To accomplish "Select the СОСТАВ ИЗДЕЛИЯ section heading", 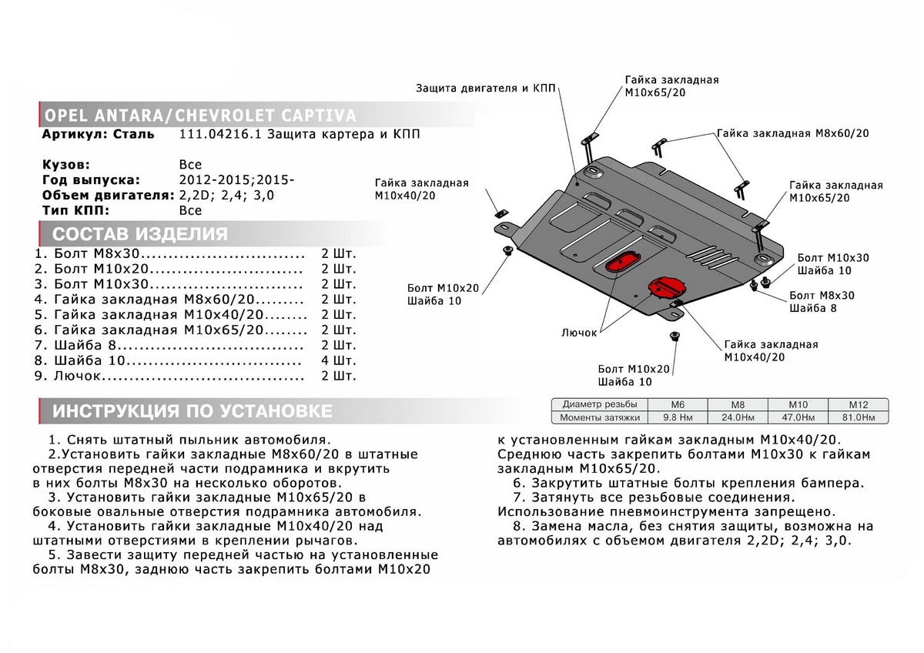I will click(139, 234).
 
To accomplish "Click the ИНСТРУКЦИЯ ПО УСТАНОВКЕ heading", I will click(192, 411).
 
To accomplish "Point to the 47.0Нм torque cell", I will click(797, 417).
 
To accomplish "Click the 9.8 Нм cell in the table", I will click(675, 417).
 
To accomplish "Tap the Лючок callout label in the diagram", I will click(579, 333).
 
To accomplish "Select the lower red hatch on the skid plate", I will click(663, 286).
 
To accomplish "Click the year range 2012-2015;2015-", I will click(236, 180).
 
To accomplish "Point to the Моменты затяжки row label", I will click(601, 417).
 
